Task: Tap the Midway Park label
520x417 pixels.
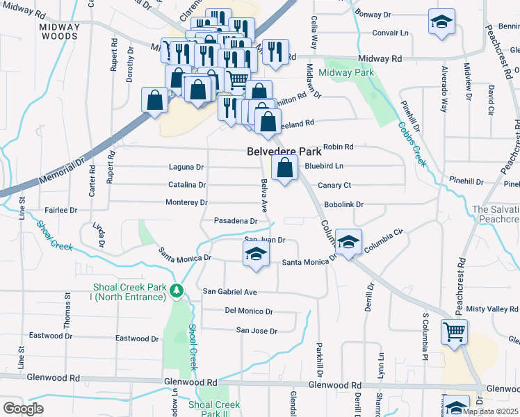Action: coord(346,72)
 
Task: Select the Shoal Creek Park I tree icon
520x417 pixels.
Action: coord(178,291)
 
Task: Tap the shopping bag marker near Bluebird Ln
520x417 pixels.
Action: coord(284,169)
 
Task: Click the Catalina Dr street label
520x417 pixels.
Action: coord(187,185)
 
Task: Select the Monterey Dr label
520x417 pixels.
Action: coord(186,202)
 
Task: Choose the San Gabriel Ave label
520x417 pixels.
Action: coord(230,292)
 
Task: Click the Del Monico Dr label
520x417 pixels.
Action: coord(249,311)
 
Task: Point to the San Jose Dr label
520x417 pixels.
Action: coord(257,331)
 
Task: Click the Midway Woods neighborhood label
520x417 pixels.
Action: coord(60,32)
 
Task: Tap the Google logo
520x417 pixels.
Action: coord(23,409)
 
